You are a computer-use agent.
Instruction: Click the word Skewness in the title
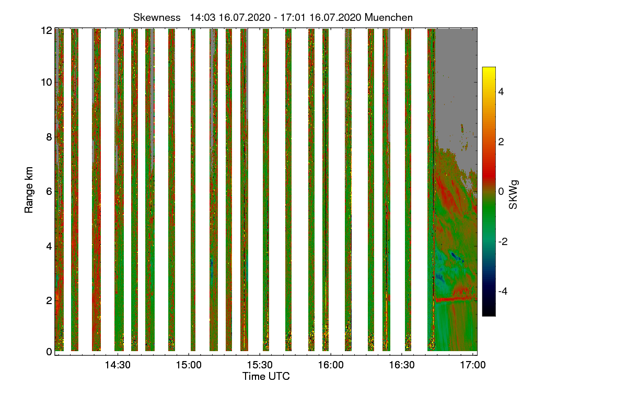(157, 18)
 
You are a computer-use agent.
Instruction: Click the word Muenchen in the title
(389, 18)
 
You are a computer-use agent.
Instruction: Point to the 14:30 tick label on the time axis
(118, 365)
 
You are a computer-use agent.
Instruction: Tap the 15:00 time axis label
(189, 365)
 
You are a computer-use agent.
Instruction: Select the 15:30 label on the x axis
(260, 365)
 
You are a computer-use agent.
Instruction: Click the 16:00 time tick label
(331, 365)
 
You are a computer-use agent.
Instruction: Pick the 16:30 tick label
(402, 365)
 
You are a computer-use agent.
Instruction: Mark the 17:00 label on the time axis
(473, 365)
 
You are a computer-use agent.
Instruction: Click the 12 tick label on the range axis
(47, 30)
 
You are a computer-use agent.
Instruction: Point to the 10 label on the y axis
(47, 83)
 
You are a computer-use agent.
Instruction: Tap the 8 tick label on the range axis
(49, 137)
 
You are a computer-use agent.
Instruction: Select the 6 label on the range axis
(49, 192)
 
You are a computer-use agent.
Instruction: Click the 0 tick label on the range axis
(49, 352)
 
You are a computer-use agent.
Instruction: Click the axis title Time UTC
(266, 376)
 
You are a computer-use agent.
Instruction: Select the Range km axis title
(29, 190)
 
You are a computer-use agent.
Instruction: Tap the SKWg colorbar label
(513, 194)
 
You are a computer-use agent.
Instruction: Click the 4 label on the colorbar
(501, 91)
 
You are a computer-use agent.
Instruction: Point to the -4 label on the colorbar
(503, 292)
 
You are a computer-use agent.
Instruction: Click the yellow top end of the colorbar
(489, 68)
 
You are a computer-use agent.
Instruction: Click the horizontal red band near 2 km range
(456, 299)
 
